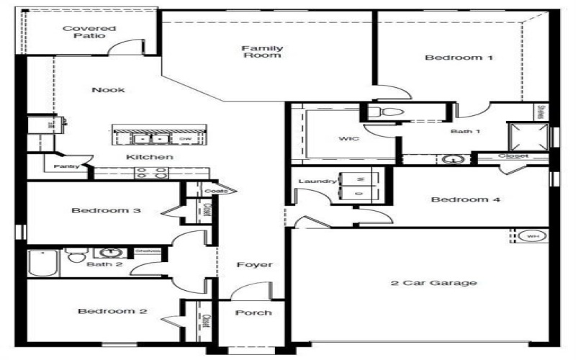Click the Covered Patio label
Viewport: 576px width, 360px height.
pos(89,32)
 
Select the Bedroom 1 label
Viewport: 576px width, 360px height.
pos(459,58)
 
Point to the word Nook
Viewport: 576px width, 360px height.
pos(108,90)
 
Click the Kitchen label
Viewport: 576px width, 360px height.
pos(150,156)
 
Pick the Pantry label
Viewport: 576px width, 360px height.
pos(66,166)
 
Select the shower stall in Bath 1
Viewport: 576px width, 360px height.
pos(527,136)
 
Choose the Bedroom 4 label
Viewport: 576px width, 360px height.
pos(465,199)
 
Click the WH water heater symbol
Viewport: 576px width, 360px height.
pos(532,236)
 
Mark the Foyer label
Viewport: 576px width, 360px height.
pos(255,265)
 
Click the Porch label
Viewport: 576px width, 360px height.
pos(253,312)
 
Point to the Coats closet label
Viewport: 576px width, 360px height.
pos(215,191)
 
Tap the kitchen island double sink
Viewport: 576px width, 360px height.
pos(151,138)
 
